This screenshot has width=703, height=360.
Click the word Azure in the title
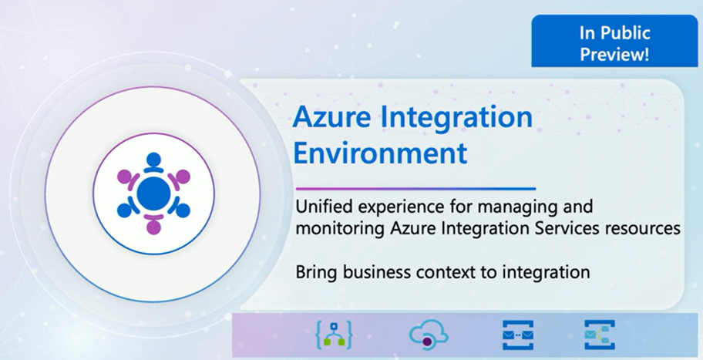point(331,118)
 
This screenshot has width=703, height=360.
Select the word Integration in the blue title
point(454,118)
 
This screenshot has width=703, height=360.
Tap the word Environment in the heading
point(380,152)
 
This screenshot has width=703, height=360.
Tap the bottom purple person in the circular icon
point(153,226)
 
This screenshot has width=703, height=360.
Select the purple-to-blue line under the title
point(415,188)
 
